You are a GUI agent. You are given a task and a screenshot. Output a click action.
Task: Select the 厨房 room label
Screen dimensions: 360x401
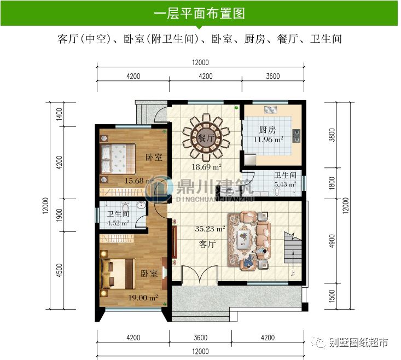pyautogui.click(x=267, y=130)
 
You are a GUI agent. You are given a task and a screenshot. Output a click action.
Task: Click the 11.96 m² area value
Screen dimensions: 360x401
pyautogui.click(x=268, y=140)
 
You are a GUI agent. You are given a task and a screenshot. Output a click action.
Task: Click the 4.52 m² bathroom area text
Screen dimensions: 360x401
pyautogui.click(x=118, y=223)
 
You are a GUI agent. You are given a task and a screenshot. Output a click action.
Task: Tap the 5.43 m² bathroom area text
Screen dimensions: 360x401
pyautogui.click(x=286, y=184)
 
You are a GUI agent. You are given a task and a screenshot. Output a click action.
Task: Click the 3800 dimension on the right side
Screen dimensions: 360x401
pyautogui.click(x=332, y=135)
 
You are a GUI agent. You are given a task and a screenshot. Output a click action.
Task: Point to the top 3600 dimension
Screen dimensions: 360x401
pyautogui.click(x=272, y=76)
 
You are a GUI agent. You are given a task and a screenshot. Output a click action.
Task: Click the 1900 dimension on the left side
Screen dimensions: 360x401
pyautogui.click(x=59, y=216)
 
